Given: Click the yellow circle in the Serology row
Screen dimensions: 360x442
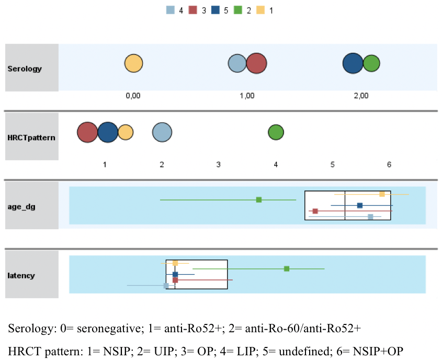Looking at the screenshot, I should pos(133,64).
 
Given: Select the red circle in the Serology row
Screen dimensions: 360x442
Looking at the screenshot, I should pos(256,64).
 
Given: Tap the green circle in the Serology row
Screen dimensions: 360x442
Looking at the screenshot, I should pos(371,64).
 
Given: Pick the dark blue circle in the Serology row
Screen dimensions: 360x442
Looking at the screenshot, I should pos(353,64).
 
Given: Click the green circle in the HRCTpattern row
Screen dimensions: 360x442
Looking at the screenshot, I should pos(276,133).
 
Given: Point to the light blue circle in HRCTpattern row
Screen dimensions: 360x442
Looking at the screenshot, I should pos(162,133).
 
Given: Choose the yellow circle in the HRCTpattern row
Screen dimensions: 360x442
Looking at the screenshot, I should pos(126,133).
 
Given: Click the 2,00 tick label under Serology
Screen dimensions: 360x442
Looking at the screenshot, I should pos(361,96).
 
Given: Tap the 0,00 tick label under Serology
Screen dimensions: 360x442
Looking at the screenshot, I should pos(133,96).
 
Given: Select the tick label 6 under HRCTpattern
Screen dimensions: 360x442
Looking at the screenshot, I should pos(389,164).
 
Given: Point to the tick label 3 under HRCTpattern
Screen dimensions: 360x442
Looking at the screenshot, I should pos(219,164).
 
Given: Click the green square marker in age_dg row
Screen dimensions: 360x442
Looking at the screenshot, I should pos(259,200).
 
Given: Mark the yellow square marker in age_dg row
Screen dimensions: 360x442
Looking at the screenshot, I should pos(382,194).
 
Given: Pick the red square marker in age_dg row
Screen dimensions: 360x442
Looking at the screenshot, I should pos(315,211).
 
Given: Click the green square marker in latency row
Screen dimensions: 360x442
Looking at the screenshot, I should pos(287,269).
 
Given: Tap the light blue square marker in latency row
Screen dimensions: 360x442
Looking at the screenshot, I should pos(166,286).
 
